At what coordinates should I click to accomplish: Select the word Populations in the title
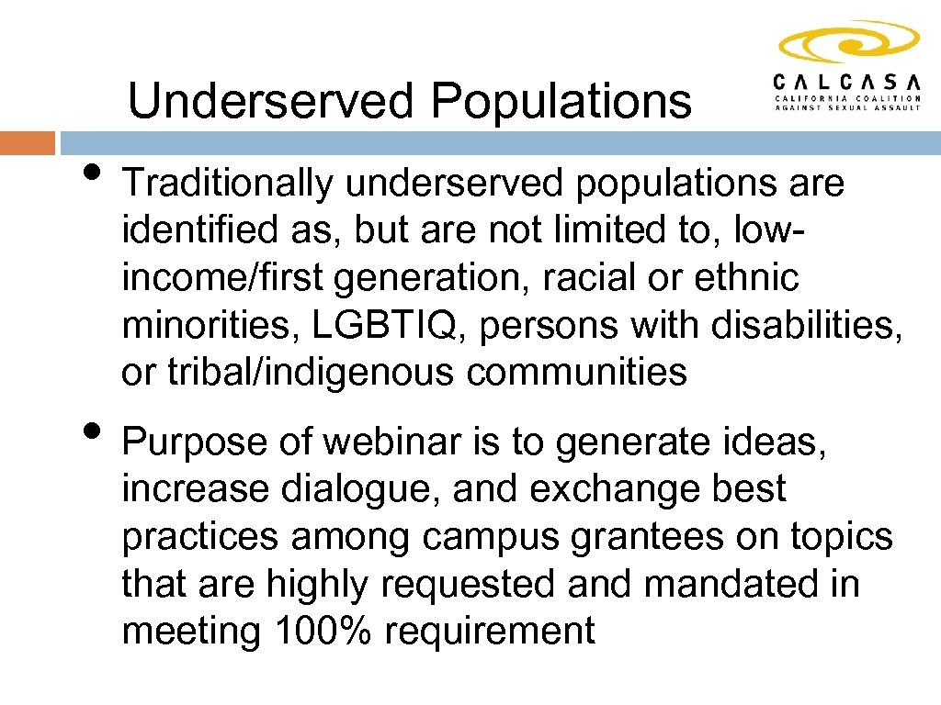point(561,102)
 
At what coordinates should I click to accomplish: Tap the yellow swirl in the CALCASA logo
point(848,41)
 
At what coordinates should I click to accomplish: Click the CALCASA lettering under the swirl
point(847,81)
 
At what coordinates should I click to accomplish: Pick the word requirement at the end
point(490,632)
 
